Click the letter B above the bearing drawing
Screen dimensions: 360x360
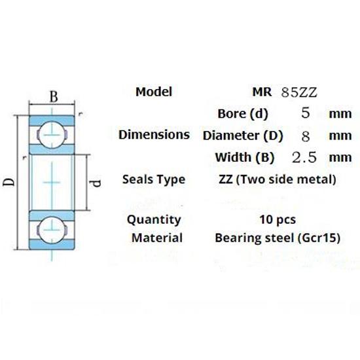pyautogui.click(x=55, y=97)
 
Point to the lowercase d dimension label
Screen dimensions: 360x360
pyautogui.click(x=96, y=182)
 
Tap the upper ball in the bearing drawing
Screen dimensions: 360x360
pyautogui.click(x=51, y=135)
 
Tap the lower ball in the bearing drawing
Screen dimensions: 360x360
pyautogui.click(x=51, y=228)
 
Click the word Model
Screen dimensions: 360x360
pyautogui.click(x=154, y=92)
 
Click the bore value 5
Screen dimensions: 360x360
pyautogui.click(x=304, y=113)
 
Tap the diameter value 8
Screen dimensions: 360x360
pyautogui.click(x=304, y=135)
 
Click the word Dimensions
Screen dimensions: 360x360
pyautogui.click(x=154, y=135)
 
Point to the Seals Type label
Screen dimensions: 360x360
pyautogui.click(x=154, y=179)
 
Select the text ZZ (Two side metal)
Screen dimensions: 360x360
pyautogui.click(x=278, y=179)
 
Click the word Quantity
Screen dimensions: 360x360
pyautogui.click(x=154, y=219)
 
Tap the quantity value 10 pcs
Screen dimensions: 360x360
pyautogui.click(x=278, y=219)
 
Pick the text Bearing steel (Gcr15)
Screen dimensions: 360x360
pyautogui.click(x=278, y=238)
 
